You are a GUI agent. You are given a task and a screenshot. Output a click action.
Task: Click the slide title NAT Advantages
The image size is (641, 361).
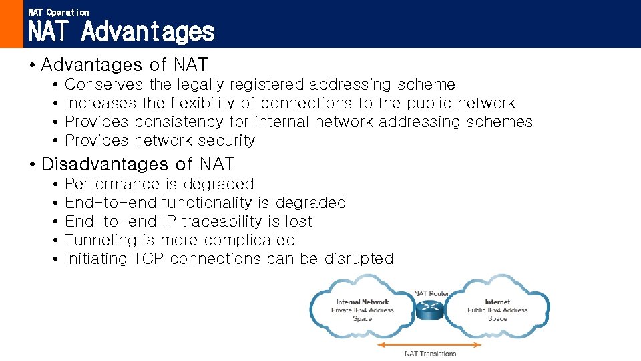(122, 31)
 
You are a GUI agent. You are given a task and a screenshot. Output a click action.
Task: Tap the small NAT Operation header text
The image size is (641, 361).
(59, 12)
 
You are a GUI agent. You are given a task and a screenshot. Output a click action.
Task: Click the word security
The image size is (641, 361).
(232, 140)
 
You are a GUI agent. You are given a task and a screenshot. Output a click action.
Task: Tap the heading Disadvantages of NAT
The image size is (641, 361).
(138, 164)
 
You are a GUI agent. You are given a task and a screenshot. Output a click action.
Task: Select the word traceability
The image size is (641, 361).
(220, 221)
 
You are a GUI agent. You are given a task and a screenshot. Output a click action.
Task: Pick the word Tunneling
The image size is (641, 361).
(100, 240)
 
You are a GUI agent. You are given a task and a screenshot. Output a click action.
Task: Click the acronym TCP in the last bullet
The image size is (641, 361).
(148, 259)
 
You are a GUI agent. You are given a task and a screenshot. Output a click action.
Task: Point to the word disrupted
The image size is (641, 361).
(359, 259)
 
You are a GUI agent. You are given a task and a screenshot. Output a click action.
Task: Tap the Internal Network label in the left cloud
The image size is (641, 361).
(362, 302)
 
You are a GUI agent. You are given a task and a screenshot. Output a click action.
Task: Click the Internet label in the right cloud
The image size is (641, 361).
(497, 302)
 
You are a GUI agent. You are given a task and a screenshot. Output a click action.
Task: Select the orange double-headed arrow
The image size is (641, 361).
(429, 345)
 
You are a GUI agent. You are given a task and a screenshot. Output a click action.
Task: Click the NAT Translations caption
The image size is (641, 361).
(431, 354)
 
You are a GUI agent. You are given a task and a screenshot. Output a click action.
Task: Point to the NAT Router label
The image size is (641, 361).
(431, 293)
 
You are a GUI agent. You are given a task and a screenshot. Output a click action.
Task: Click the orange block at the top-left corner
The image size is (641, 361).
(11, 24)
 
